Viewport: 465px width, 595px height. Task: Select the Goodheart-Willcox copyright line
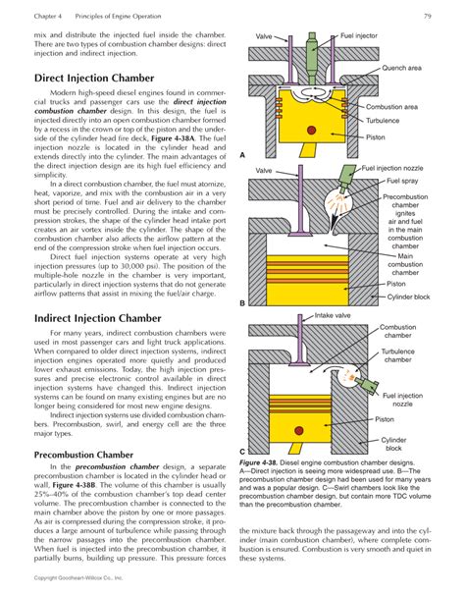pyautogui.click(x=81, y=578)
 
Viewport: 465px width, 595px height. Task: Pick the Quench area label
pyautogui.click(x=401, y=68)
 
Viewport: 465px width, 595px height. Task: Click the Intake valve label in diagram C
pyautogui.click(x=333, y=316)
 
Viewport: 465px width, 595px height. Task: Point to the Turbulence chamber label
pyautogui.click(x=397, y=354)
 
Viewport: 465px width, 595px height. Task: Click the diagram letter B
pyautogui.click(x=242, y=303)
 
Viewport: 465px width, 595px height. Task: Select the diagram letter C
pyautogui.click(x=242, y=450)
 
